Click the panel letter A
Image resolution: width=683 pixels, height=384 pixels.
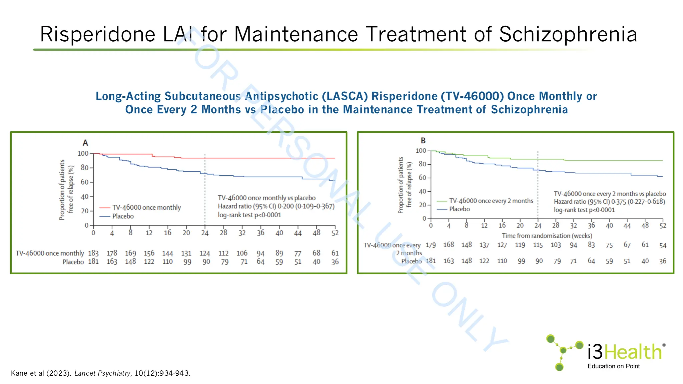coord(85,143)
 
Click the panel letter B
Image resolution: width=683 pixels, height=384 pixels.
coord(423,141)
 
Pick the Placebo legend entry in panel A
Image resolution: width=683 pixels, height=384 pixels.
coord(123,216)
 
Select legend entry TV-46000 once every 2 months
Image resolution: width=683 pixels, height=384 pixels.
coord(491,201)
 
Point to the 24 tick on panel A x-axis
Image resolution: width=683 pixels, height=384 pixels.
coord(205,233)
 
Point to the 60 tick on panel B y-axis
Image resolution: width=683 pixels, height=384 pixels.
coord(422,178)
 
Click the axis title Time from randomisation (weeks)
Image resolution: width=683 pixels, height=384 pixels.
coord(547,236)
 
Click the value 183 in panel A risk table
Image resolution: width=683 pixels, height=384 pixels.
coord(93,253)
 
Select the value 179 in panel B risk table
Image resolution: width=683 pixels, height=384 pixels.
coord(431,245)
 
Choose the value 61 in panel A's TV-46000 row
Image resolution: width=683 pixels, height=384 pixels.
coord(335,253)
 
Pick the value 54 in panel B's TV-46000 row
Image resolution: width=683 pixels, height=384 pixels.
coord(663,246)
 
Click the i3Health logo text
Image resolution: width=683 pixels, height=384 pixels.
coord(624,352)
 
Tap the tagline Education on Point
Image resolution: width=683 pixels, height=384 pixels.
coord(613,366)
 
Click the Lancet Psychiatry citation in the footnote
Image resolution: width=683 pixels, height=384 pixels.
coord(102,373)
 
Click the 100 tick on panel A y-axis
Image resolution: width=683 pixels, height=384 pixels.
coord(83,154)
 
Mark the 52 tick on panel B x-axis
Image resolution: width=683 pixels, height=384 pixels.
coord(663,226)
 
